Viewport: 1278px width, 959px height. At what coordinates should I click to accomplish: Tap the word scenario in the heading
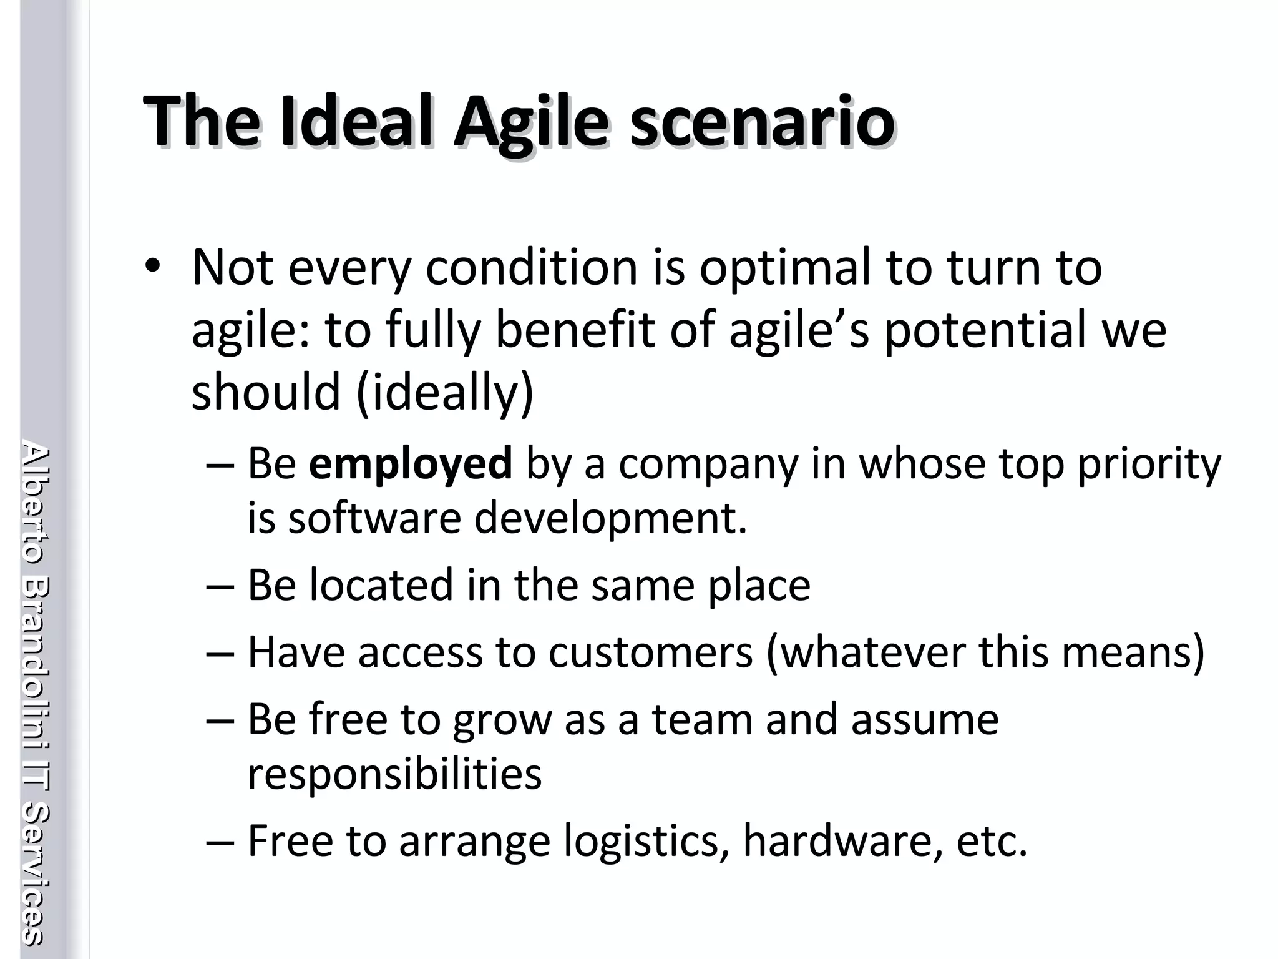762,121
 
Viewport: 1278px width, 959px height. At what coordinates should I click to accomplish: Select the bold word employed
410,464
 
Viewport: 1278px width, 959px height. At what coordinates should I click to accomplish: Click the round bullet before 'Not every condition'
152,267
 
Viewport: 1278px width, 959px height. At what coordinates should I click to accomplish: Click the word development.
610,519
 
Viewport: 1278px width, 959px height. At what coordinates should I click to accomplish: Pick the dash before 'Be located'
220,587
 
